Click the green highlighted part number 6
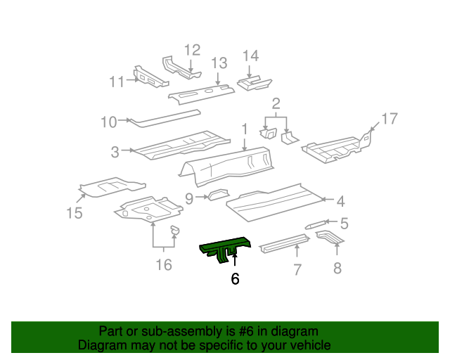[x=224, y=247]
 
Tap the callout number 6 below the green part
[x=235, y=279]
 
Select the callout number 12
[x=192, y=50]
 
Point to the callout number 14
[x=251, y=56]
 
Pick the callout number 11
[x=116, y=82]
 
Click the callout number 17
[x=389, y=117]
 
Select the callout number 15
[x=75, y=212]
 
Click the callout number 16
[x=163, y=264]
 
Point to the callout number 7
[x=297, y=269]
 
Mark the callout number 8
[x=337, y=268]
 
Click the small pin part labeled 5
[x=314, y=226]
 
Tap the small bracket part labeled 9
[x=217, y=195]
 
